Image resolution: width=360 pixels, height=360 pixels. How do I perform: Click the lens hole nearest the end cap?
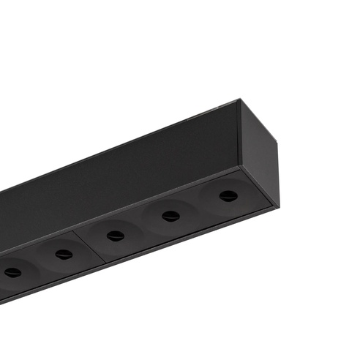click(x=228, y=195)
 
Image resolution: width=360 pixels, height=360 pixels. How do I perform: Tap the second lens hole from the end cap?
click(x=171, y=215)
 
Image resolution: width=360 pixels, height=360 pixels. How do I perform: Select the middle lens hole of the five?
click(x=115, y=235)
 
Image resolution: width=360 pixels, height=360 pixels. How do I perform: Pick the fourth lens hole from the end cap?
click(x=64, y=254)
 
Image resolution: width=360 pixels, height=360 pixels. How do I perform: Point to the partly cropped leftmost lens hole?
click(x=12, y=272)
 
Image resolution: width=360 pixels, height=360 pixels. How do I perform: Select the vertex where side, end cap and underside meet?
click(x=241, y=167)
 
